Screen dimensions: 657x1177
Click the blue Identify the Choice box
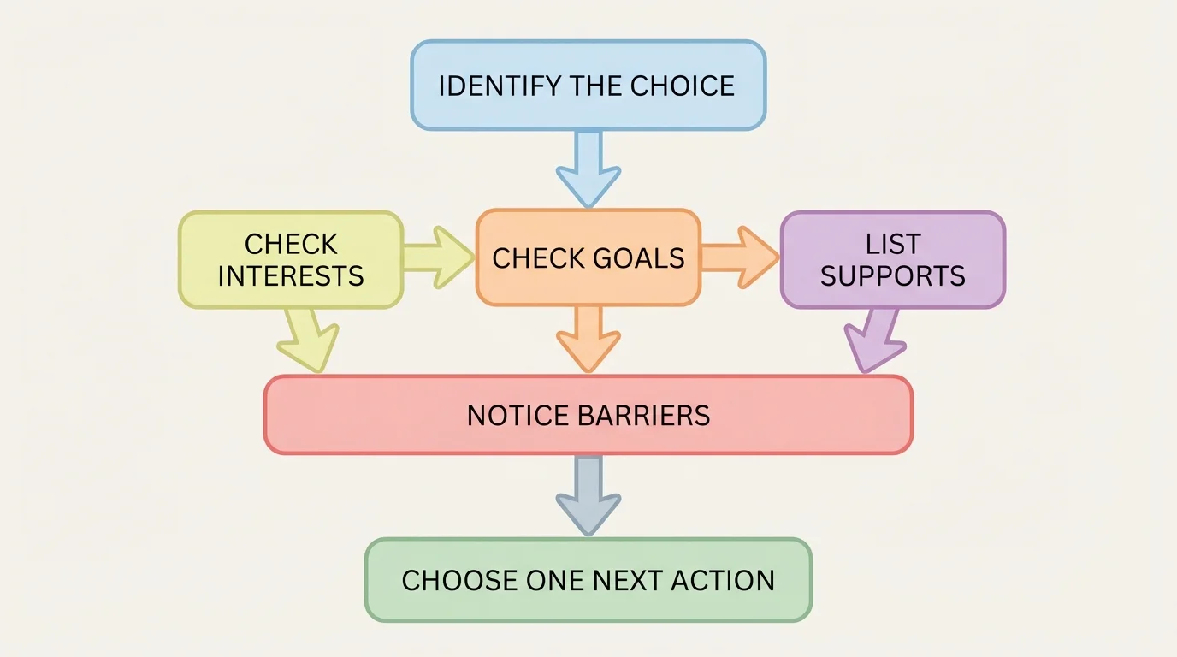pyautogui.click(x=588, y=86)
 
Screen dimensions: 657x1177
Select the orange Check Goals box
pyautogui.click(x=588, y=257)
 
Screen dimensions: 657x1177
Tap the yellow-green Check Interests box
pyautogui.click(x=291, y=259)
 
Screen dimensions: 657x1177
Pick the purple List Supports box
pyautogui.click(x=892, y=259)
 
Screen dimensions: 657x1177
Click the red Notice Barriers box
pyautogui.click(x=588, y=415)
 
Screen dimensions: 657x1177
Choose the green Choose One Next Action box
pyautogui.click(x=588, y=580)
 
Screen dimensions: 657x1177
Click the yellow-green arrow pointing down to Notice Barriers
pyautogui.click(x=309, y=340)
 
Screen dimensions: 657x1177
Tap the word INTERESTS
pyautogui.click(x=291, y=276)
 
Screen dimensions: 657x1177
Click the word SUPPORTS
pyautogui.click(x=892, y=276)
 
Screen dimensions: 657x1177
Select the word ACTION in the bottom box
pyautogui.click(x=723, y=581)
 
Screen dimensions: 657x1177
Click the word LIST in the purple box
pyautogui.click(x=892, y=245)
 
